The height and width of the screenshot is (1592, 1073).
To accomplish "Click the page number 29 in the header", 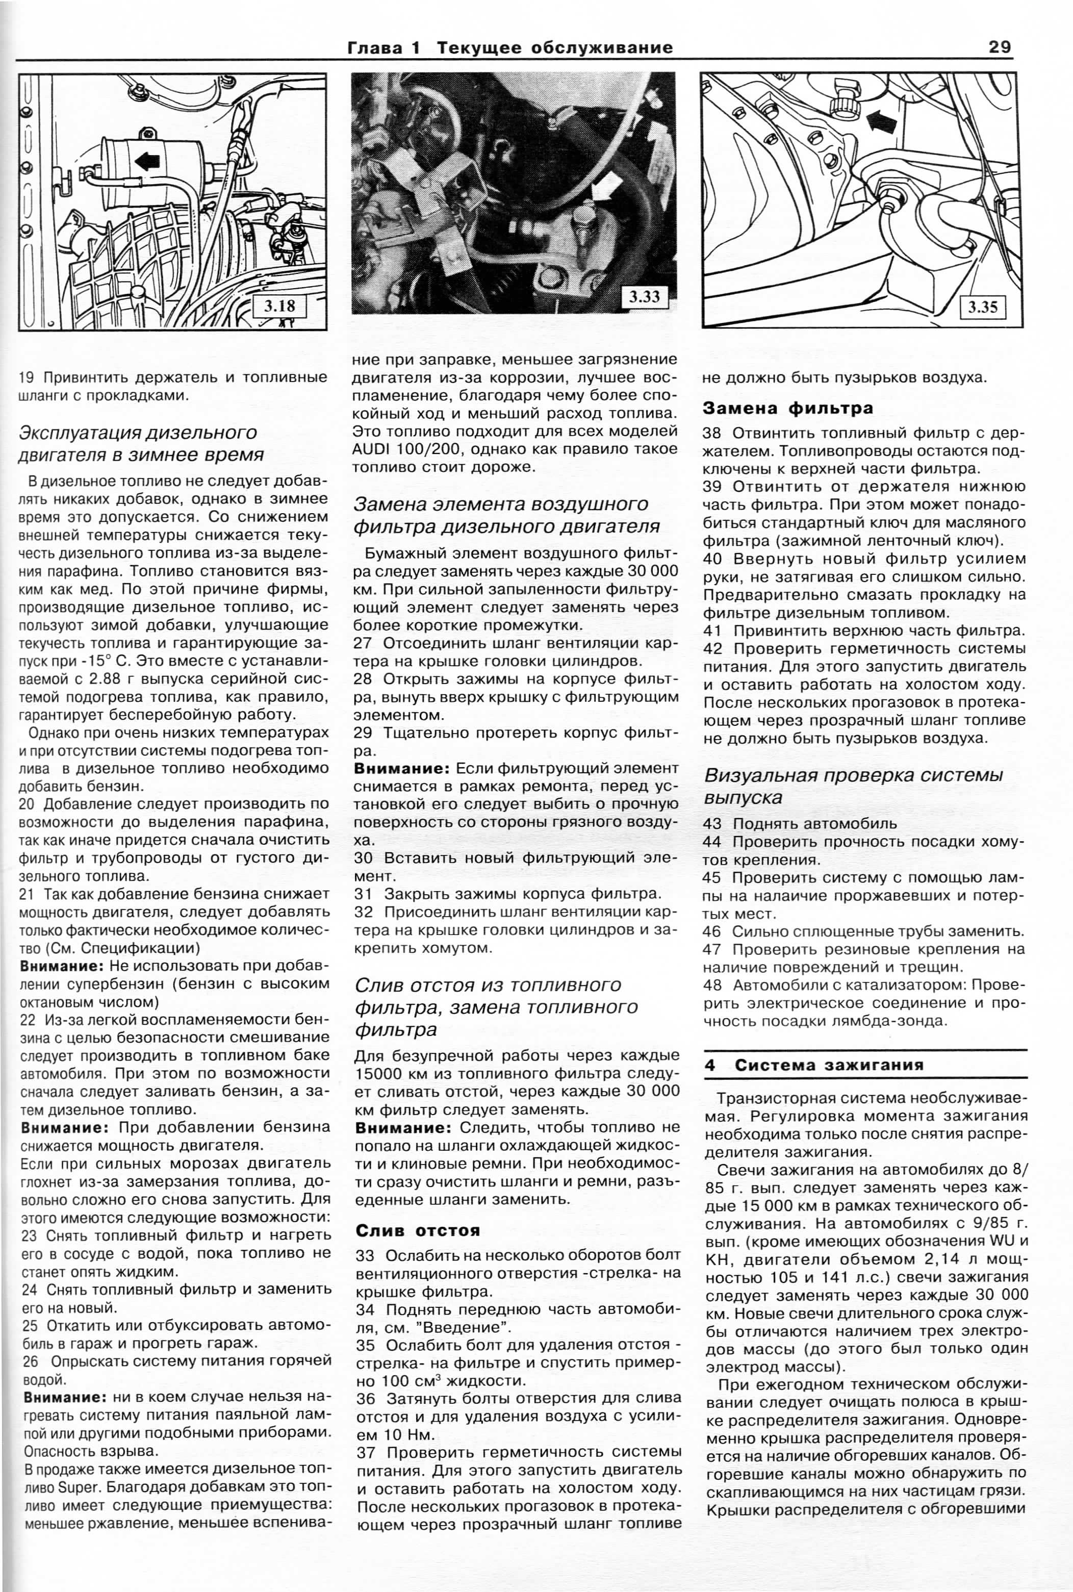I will [x=999, y=47].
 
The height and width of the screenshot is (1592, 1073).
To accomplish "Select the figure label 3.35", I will [x=982, y=307].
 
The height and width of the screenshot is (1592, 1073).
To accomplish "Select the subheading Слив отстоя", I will [x=418, y=1230].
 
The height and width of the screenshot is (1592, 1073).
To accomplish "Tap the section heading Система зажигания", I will [x=829, y=1065].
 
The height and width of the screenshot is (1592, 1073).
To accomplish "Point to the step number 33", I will [x=366, y=1256].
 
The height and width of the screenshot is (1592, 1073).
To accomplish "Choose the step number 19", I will [x=26, y=377].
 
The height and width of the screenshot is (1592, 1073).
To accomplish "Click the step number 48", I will [x=712, y=985].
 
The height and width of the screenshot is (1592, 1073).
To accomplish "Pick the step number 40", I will [x=712, y=559].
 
